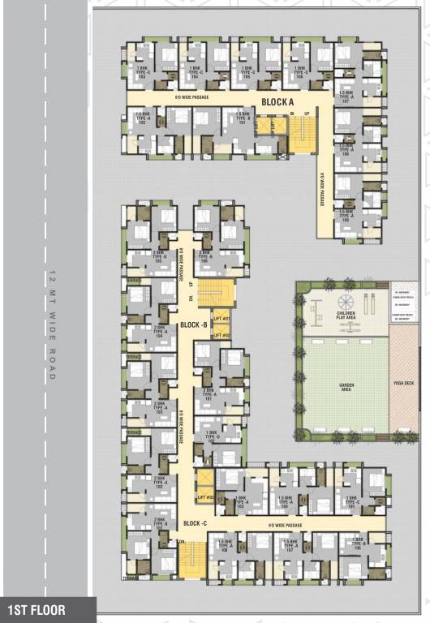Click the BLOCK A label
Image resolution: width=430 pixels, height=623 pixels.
point(277,101)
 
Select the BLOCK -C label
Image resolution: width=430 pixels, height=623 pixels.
point(196,523)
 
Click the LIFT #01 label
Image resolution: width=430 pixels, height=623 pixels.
point(221,319)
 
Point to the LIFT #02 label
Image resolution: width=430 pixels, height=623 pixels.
point(221,335)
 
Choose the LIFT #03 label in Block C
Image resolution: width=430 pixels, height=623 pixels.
point(204,496)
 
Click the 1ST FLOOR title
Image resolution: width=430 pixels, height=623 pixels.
point(37,608)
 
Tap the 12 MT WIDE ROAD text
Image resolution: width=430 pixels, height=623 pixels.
point(50,324)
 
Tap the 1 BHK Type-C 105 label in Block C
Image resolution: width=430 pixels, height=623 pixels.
point(351,501)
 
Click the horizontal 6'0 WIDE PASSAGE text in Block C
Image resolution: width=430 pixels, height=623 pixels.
point(286,526)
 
